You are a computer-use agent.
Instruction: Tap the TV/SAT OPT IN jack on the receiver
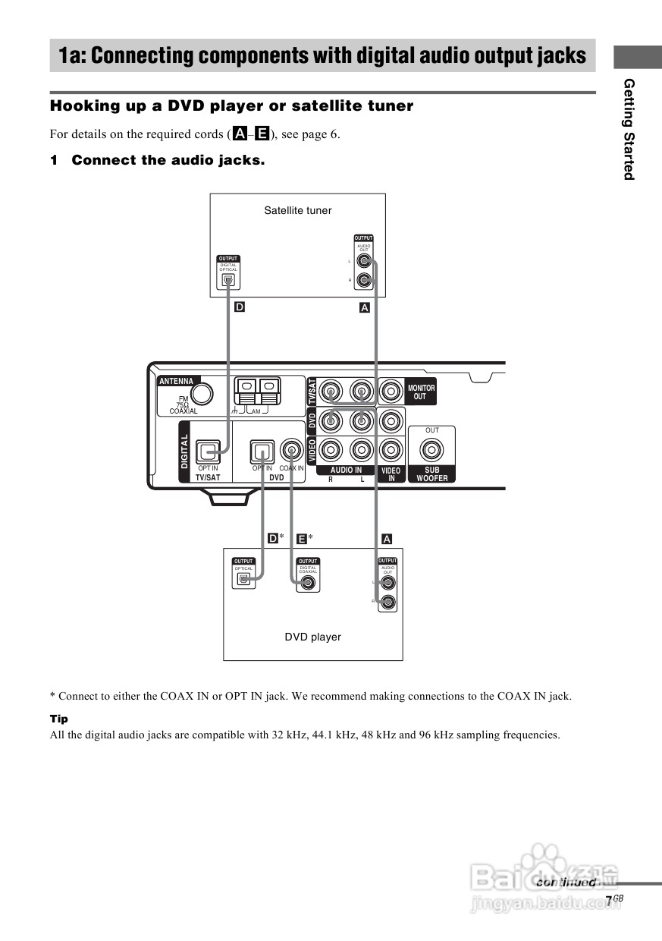(208, 452)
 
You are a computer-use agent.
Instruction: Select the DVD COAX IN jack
(291, 450)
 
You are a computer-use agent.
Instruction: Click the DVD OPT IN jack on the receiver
(262, 452)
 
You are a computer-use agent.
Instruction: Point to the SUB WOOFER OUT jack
(432, 451)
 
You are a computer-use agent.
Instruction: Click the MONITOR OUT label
(421, 392)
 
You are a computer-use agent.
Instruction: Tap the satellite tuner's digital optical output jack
(227, 280)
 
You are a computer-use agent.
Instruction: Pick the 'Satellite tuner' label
(297, 210)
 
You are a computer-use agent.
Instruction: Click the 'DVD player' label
(312, 637)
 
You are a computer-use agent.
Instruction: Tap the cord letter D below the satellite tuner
(240, 307)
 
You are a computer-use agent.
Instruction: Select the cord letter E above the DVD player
(302, 538)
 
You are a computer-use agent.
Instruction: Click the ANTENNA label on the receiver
(176, 381)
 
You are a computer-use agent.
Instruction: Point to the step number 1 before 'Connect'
(54, 160)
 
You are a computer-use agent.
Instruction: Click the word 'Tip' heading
(58, 719)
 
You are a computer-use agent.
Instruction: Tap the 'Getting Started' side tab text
(629, 129)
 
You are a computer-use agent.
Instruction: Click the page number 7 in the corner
(608, 900)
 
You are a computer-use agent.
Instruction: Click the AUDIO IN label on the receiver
(346, 470)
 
